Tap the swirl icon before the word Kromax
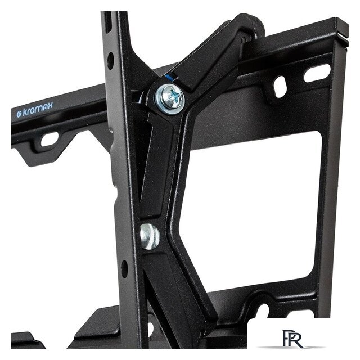[x=20, y=114]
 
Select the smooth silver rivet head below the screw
[x=150, y=236]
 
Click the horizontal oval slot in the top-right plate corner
[x=317, y=73]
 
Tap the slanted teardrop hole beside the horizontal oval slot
[x=280, y=86]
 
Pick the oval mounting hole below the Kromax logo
[x=49, y=139]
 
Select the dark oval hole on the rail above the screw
[x=110, y=61]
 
